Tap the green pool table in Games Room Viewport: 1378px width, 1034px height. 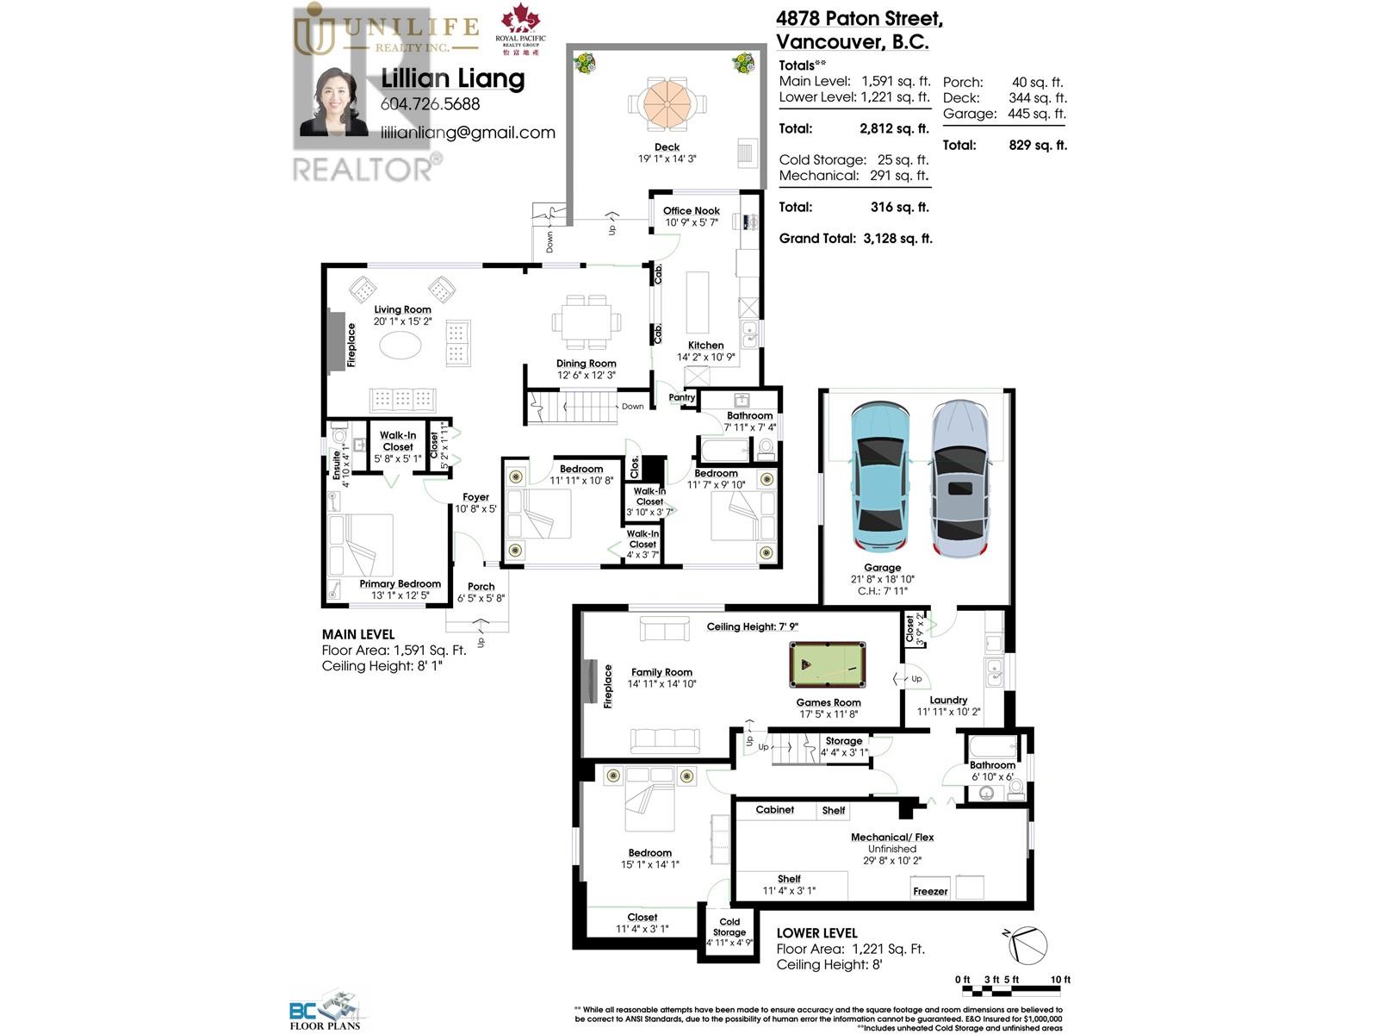[x=827, y=664]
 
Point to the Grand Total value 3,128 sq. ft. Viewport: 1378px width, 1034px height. [x=897, y=239]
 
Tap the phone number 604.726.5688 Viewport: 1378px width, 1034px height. [x=430, y=104]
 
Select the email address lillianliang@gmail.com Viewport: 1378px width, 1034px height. [x=468, y=133]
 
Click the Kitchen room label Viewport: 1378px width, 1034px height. [x=705, y=345]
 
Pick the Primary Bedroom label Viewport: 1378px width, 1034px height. [x=400, y=583]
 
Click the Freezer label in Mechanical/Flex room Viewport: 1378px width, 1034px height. [x=930, y=891]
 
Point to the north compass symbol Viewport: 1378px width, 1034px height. [x=1028, y=944]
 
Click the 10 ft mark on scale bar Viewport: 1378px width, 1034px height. [x=1059, y=980]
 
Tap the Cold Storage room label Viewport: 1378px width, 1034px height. [x=729, y=926]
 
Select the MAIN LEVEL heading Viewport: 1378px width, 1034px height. [x=358, y=634]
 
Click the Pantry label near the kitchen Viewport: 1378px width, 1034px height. [x=681, y=397]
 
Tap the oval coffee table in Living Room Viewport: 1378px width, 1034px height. [x=401, y=346]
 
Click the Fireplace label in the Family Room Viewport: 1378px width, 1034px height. [x=607, y=686]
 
